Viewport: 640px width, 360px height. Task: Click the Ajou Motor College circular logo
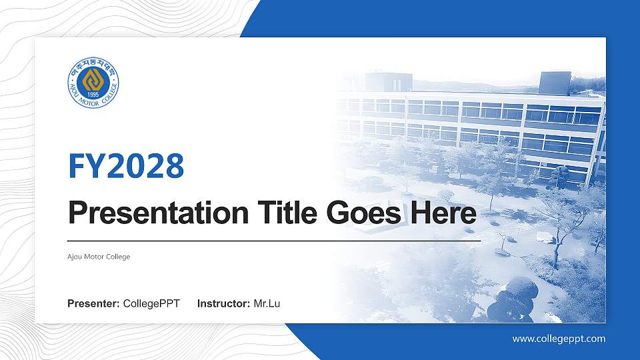93,85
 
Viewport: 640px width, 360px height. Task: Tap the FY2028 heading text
126,166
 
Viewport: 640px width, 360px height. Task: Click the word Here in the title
443,214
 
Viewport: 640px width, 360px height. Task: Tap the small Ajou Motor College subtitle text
99,257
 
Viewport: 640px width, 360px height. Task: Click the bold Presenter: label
93,304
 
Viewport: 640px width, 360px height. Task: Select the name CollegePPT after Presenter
151,304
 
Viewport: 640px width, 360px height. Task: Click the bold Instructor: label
224,304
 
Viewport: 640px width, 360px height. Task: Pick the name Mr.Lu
267,304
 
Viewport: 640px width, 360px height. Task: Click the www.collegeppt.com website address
559,339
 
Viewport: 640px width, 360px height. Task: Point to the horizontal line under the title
273,240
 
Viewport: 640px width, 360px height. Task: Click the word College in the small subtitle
119,257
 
